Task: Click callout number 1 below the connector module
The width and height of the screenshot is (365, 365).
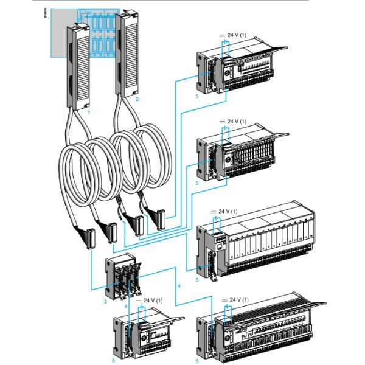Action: point(89,113)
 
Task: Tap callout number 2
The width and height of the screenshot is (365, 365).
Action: point(137,99)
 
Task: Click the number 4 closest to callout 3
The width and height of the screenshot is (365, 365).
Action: point(126,306)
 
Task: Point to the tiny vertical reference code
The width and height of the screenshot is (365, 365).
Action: point(47,16)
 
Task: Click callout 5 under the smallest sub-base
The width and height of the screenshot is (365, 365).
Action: point(113,360)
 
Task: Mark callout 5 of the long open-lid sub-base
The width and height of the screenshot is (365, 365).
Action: point(196,360)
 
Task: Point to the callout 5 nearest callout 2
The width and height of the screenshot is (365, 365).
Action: point(197,96)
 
